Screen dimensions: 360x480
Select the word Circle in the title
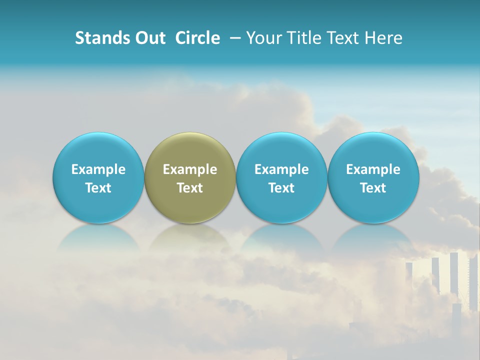(197, 38)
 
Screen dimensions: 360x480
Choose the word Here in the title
(383, 38)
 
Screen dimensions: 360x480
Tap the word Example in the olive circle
(190, 169)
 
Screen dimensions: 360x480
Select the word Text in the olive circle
(190, 188)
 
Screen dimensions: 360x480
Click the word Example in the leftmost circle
(98, 169)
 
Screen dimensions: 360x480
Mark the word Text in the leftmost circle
(98, 188)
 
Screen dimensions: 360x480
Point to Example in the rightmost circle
(373, 169)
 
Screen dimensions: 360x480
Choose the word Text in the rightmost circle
(373, 188)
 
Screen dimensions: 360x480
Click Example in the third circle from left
(281, 169)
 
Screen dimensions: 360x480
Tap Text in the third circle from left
(281, 188)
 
